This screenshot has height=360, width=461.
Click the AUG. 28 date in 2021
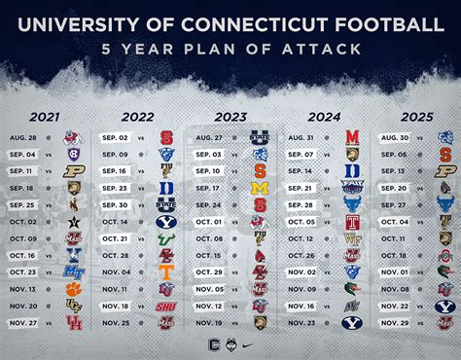(x=22, y=137)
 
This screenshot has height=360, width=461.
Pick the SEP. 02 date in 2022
(x=115, y=137)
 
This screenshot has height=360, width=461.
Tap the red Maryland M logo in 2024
(x=352, y=137)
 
